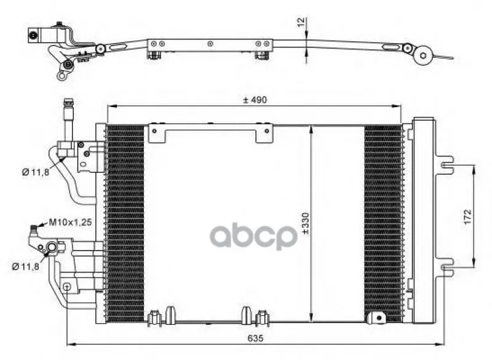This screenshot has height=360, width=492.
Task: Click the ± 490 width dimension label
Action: click(255, 100)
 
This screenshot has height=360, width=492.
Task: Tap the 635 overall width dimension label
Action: click(255, 338)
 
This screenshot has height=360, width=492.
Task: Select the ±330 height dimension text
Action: click(305, 223)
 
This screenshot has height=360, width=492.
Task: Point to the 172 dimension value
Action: click(467, 217)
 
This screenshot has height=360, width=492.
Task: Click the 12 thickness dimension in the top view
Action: click(301, 22)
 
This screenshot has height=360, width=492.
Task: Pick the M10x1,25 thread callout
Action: click(70, 222)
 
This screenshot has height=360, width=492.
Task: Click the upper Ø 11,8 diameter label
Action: click(36, 172)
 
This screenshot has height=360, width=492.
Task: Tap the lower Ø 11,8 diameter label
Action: click(26, 266)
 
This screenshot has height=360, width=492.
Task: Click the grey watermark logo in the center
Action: click(253, 236)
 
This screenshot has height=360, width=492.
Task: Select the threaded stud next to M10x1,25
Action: click(34, 231)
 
